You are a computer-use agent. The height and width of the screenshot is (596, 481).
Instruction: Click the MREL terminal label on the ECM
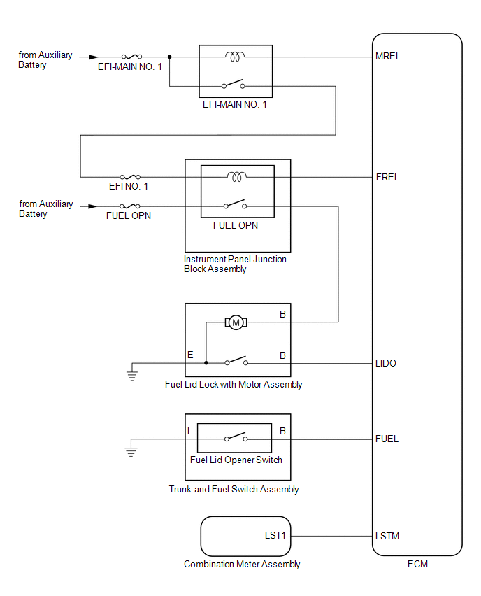pos(389,57)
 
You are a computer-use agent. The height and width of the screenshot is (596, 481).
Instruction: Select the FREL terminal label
pos(387,177)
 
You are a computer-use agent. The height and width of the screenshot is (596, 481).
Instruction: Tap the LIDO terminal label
pos(387,363)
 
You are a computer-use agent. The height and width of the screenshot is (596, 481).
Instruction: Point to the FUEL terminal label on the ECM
pos(387,439)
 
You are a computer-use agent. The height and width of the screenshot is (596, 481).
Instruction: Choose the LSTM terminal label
pos(388,536)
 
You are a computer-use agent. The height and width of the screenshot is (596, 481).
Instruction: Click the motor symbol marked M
pos(235,322)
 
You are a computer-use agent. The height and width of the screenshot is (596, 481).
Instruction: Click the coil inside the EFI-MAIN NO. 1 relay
pos(234,56)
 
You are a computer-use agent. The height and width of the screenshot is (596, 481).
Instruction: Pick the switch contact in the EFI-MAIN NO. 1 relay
pos(234,85)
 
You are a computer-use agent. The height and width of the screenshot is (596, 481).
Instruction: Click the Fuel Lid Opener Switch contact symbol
pos(236,439)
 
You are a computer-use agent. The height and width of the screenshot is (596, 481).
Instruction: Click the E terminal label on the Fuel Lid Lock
pos(190,355)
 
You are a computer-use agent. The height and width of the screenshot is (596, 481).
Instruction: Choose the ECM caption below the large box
pos(417,564)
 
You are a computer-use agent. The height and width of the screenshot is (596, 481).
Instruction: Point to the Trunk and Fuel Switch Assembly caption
pos(234,489)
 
